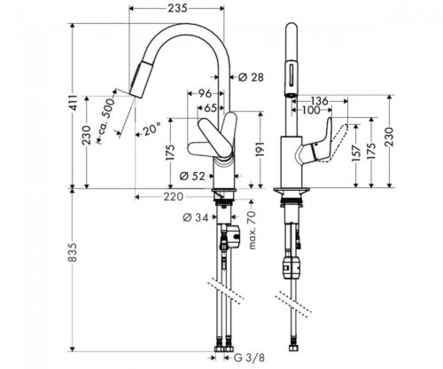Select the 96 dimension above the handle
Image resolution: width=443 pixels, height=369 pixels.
coord(206,91)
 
